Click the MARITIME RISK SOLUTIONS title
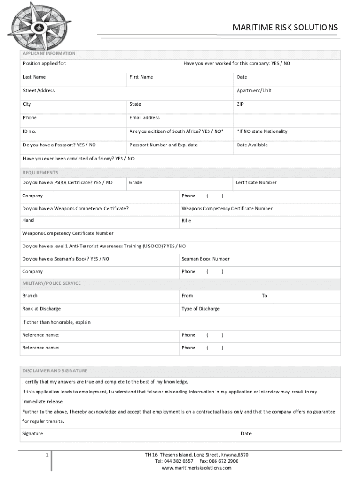(285, 28)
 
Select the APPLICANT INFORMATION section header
(49, 54)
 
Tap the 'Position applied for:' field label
(44, 63)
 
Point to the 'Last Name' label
(35, 77)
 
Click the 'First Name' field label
(141, 77)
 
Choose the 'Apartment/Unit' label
(254, 90)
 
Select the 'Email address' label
(144, 118)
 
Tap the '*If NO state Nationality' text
(262, 131)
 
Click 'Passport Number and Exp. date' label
(164, 145)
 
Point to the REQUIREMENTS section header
(41, 173)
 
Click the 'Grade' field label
(136, 182)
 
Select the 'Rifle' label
(187, 221)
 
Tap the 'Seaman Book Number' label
(206, 259)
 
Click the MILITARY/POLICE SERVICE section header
(51, 283)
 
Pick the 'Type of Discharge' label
(201, 309)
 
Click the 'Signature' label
(33, 434)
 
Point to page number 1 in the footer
(47, 455)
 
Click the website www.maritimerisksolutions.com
(196, 468)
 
